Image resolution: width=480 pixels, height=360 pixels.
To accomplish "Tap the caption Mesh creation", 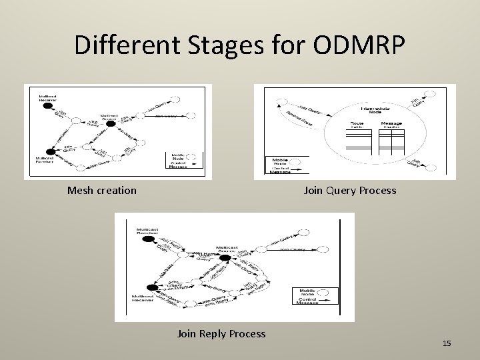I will (102, 191).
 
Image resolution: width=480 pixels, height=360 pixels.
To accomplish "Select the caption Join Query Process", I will (349, 191).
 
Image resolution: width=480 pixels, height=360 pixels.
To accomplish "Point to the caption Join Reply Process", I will (221, 333).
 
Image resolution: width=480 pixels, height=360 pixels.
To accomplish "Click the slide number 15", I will (447, 343).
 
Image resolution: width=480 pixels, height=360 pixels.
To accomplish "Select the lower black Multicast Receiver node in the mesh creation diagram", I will (51, 151).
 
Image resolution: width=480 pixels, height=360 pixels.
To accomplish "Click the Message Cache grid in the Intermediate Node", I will (391, 139).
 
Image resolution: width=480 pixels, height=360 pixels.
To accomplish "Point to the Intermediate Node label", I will (377, 110).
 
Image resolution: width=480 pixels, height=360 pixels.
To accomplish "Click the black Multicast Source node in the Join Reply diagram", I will (226, 257).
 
